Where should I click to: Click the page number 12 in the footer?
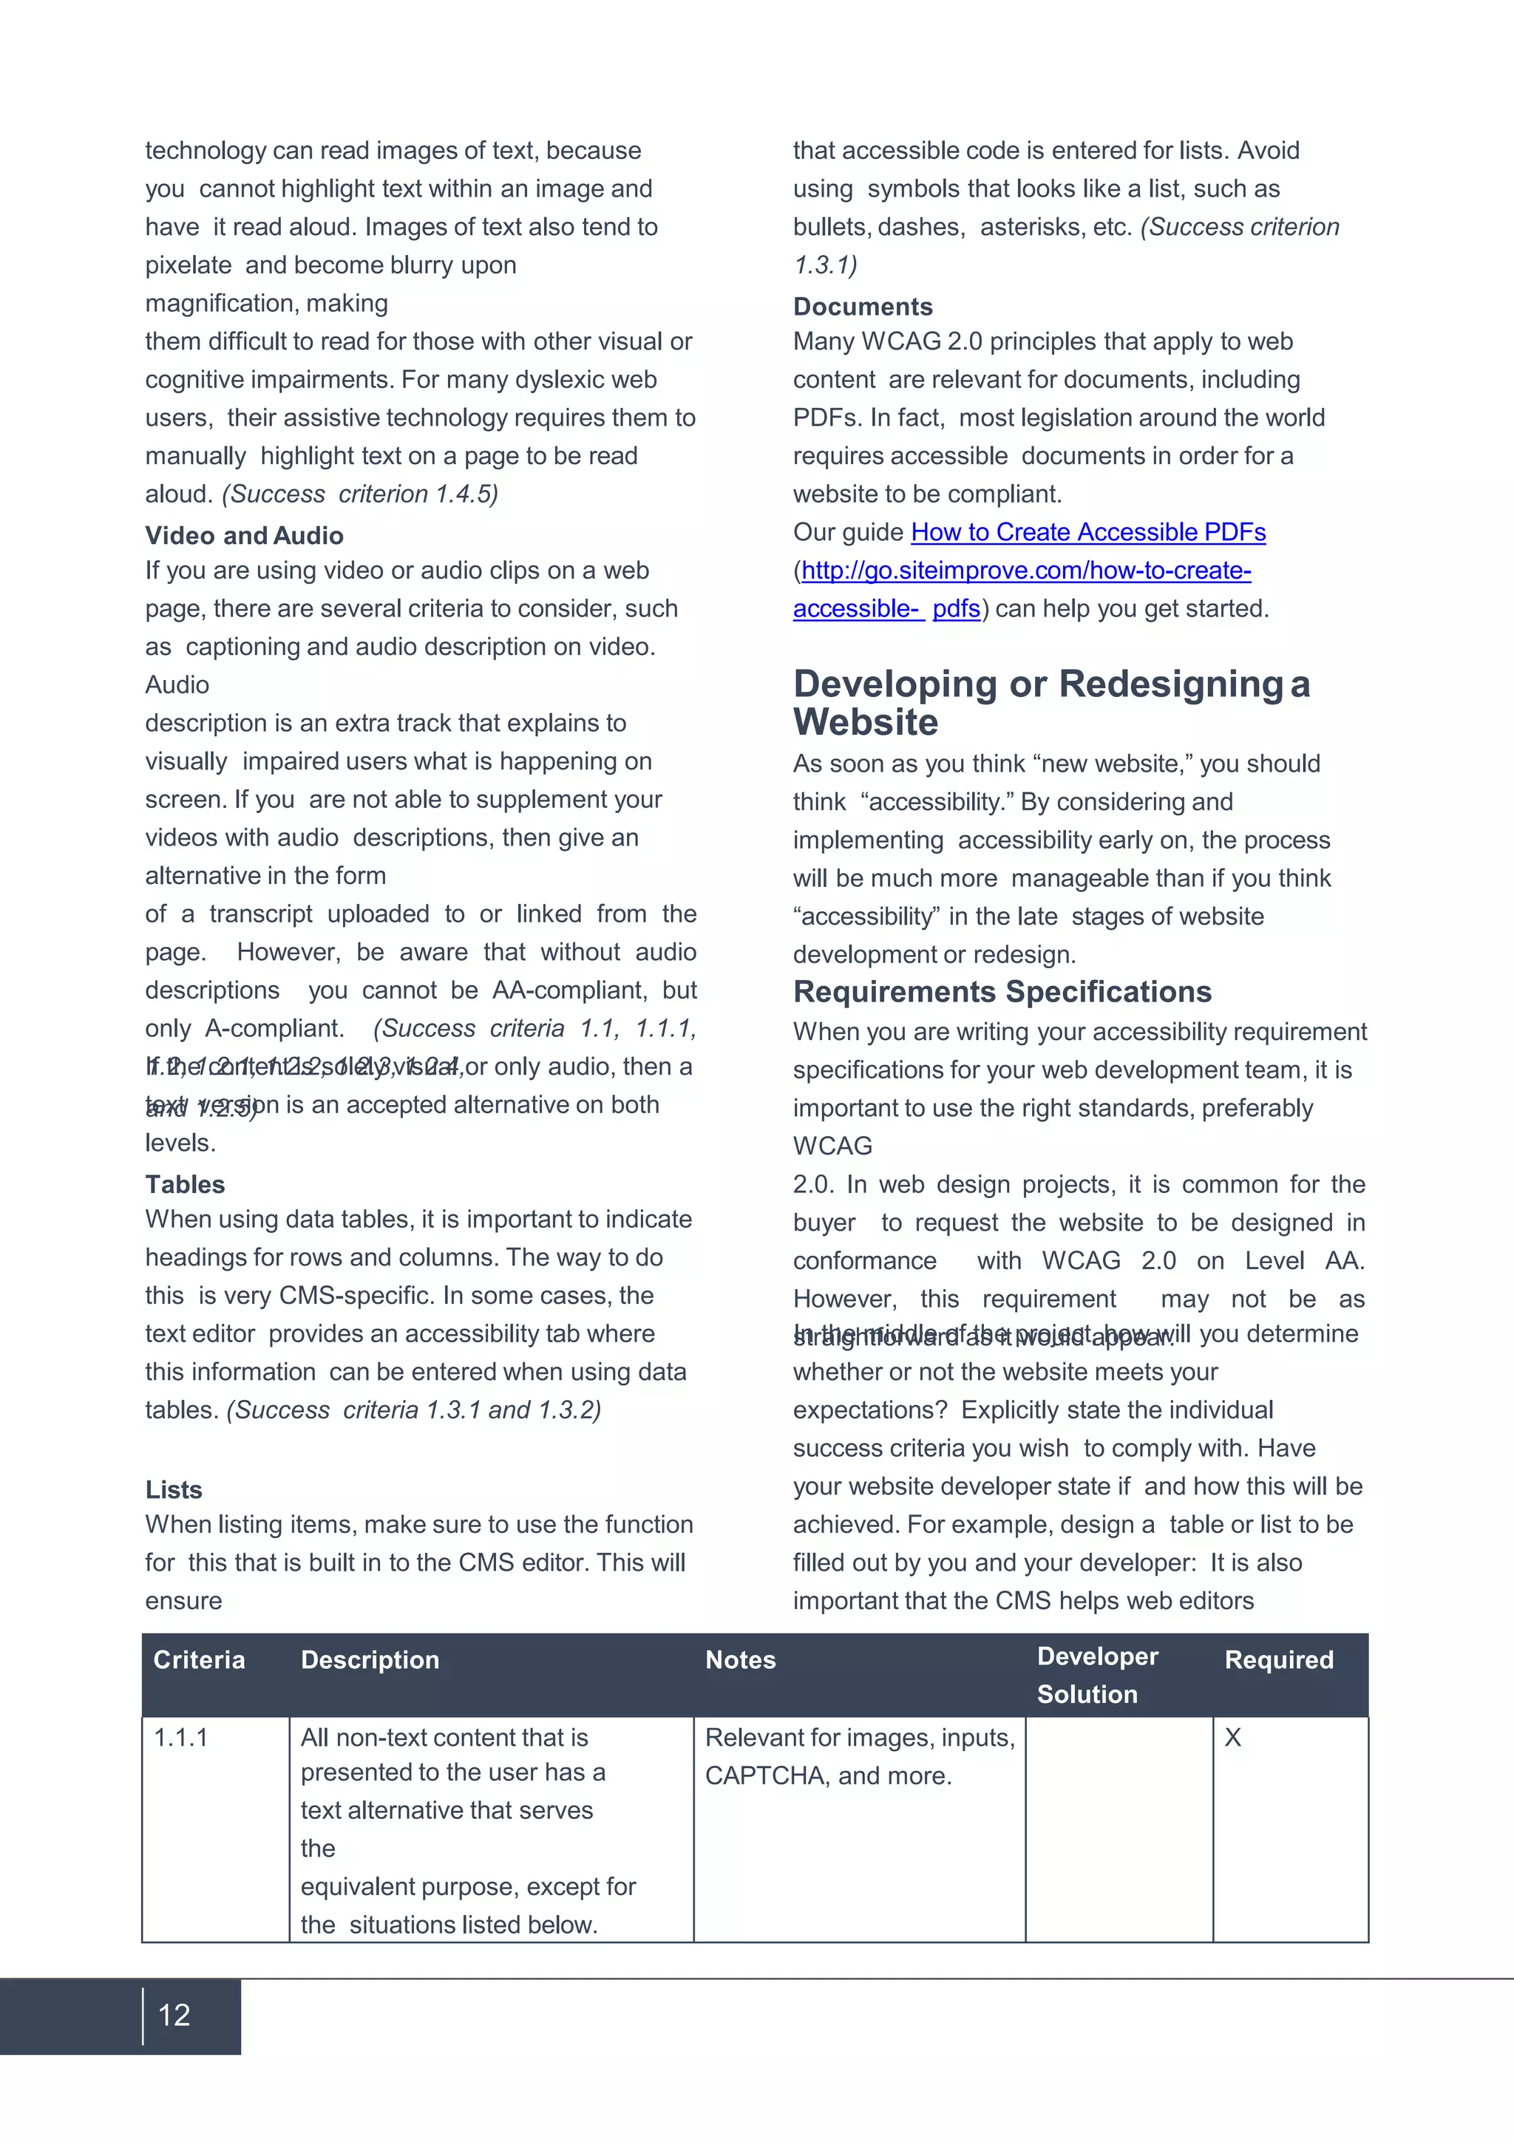tap(174, 2015)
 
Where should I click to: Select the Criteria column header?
tap(199, 1659)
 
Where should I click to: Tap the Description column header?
tap(370, 1659)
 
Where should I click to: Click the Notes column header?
tap(740, 1659)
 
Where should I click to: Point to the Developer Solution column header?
tap(1097, 1675)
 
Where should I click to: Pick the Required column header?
tap(1278, 1659)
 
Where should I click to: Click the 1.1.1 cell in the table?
tap(181, 1737)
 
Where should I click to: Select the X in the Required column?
tap(1232, 1737)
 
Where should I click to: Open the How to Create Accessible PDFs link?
tap(1087, 531)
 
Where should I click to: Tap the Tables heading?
tap(185, 1184)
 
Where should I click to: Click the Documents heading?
tap(863, 307)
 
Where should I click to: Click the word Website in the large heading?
tap(866, 722)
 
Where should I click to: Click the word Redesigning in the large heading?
tap(1172, 684)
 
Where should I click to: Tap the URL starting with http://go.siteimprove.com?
tap(1026, 570)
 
